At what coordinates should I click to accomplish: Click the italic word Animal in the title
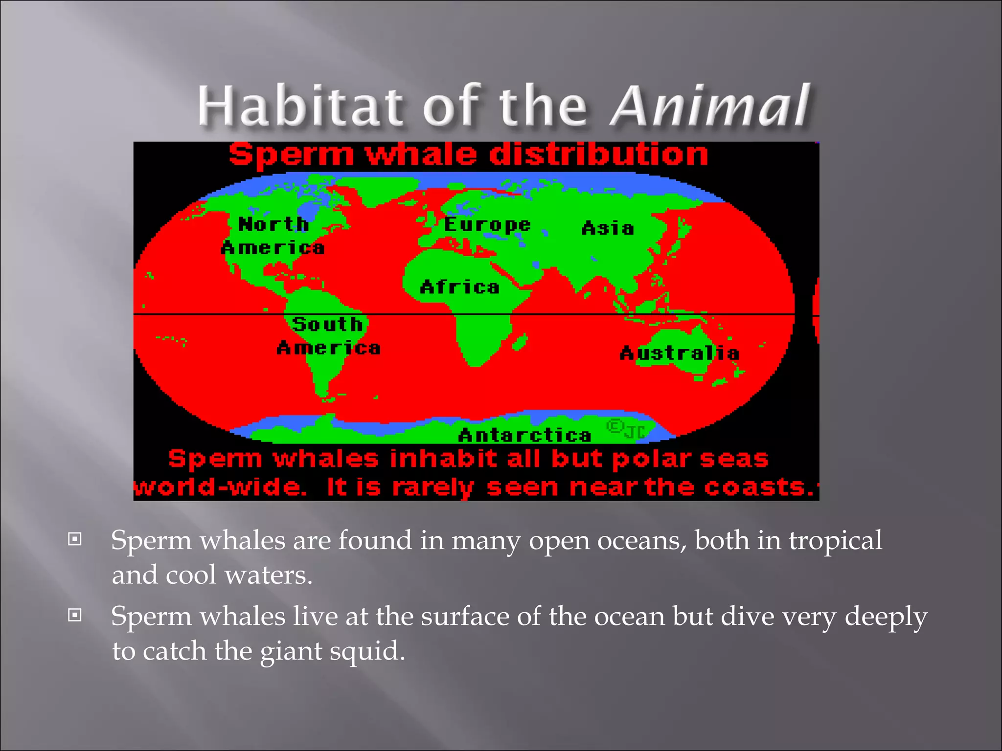[710, 106]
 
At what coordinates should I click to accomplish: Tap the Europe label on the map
[487, 224]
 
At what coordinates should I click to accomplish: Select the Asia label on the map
[608, 228]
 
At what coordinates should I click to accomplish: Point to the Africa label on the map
[460, 287]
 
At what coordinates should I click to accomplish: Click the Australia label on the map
[679, 353]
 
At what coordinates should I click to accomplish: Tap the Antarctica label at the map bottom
[524, 435]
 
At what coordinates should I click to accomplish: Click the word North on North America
[273, 224]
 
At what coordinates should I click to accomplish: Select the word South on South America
[327, 324]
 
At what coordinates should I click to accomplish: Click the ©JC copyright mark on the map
[626, 429]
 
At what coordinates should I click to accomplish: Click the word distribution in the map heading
[598, 155]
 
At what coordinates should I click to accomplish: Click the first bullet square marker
[74, 539]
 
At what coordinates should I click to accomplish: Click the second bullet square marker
[74, 615]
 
